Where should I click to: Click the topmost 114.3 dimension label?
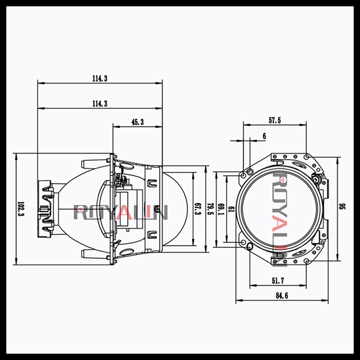point(99,78)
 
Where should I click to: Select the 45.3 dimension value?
point(137,122)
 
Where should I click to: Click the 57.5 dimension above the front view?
point(275,121)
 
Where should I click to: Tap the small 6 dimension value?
point(264,135)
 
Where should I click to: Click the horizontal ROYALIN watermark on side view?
point(121,211)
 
